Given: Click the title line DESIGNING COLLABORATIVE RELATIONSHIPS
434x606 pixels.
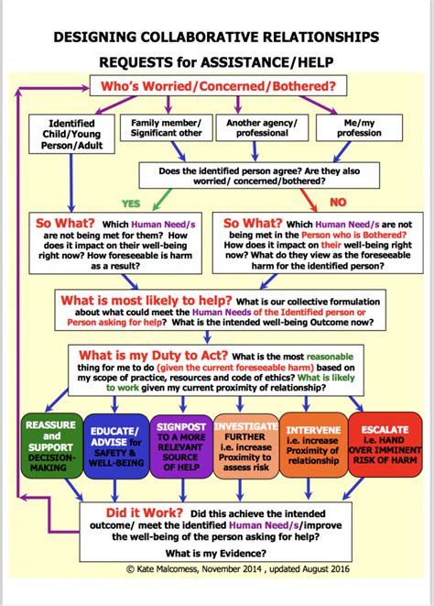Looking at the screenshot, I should pos(216,37).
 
